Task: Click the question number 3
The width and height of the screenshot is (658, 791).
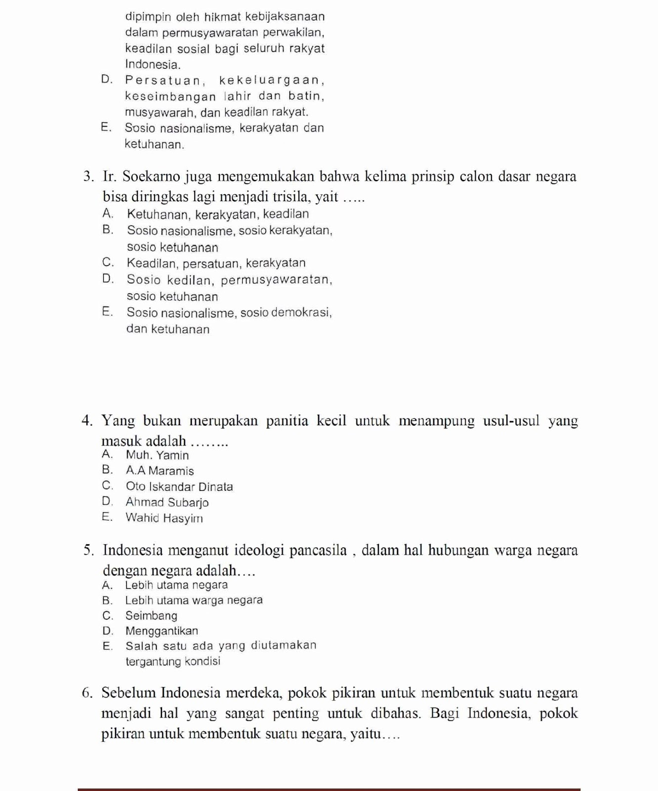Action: (88, 176)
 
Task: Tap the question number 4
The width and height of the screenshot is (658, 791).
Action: (88, 421)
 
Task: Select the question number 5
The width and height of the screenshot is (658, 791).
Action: (89, 550)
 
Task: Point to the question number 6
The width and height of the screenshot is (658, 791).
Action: (88, 693)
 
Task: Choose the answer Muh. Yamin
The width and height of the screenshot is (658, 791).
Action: (157, 455)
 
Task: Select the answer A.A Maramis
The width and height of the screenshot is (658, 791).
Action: (160, 471)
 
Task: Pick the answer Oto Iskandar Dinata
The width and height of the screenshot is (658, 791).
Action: (179, 486)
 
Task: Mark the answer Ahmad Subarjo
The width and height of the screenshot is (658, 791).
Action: (167, 502)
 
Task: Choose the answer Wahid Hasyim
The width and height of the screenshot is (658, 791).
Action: (164, 518)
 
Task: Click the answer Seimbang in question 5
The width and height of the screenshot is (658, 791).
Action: (151, 615)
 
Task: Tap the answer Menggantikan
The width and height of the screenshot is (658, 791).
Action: (162, 631)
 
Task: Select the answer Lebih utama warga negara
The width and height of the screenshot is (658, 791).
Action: (194, 600)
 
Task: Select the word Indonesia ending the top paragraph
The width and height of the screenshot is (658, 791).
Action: (152, 65)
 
